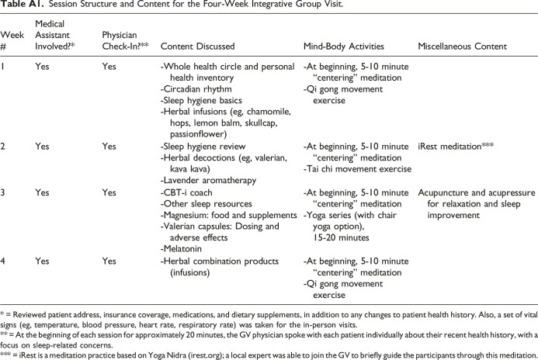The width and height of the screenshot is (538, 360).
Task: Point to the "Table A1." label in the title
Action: click(17, 7)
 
